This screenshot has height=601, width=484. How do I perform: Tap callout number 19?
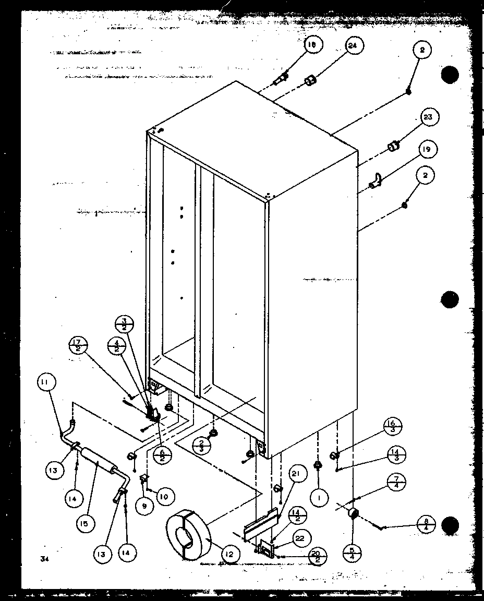427,150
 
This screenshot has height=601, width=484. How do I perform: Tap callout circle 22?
301,538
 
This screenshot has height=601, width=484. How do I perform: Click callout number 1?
319,498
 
